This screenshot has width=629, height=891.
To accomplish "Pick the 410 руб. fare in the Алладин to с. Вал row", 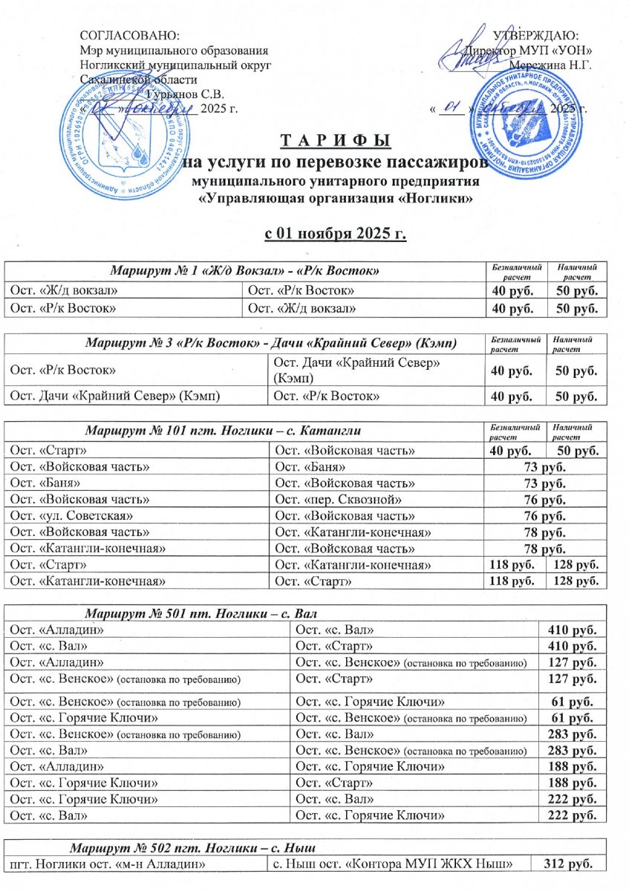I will click(x=572, y=630).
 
